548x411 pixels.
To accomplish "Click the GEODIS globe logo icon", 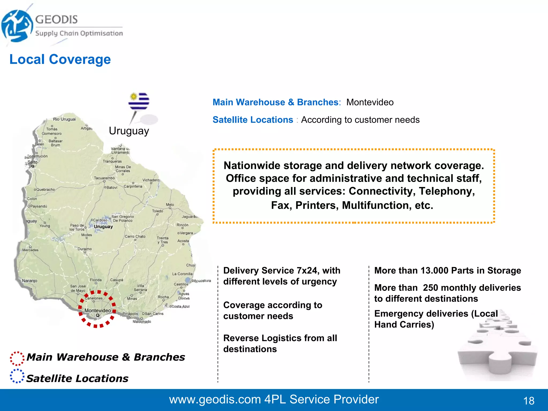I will [17, 26].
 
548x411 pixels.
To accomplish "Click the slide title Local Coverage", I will [60, 59].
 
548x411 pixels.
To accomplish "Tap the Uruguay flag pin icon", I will [139, 102].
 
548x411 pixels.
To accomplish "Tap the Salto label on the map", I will [32, 162].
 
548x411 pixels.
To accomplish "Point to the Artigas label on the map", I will [86, 128].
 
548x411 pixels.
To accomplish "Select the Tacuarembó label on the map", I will [104, 178].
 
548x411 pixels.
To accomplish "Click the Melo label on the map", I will [170, 205].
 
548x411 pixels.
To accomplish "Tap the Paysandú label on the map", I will [39, 206].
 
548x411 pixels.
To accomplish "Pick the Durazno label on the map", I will [85, 249].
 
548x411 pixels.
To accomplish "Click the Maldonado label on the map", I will [142, 322].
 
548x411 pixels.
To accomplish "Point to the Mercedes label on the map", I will [30, 250].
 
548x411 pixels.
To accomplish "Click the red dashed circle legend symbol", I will [17, 358].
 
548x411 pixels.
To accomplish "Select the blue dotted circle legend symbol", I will [17, 376].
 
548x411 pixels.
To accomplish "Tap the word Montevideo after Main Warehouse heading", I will [370, 102].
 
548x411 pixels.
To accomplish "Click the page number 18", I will [528, 401].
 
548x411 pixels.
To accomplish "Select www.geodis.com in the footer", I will [215, 399].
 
